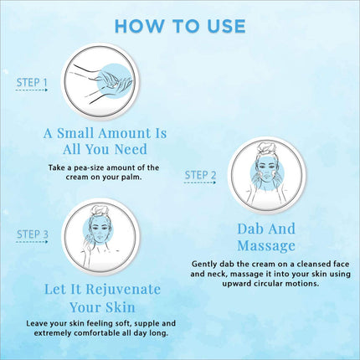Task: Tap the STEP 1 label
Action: pyautogui.click(x=33, y=83)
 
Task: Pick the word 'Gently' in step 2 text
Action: pyautogui.click(x=208, y=262)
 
